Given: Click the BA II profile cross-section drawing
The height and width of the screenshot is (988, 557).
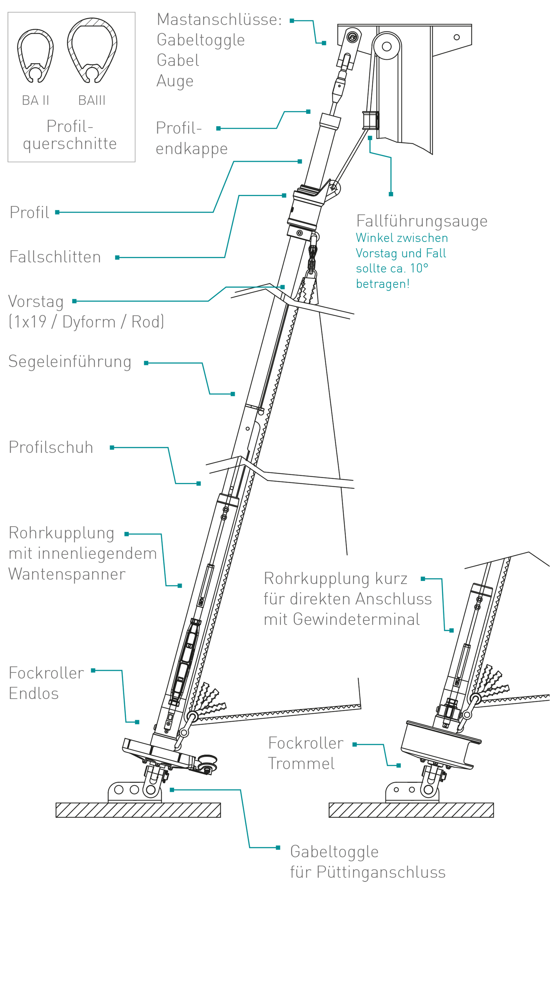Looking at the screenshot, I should [x=35, y=56].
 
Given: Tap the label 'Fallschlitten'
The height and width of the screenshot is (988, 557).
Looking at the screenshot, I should [x=55, y=257].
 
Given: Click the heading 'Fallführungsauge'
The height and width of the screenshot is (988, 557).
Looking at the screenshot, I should [x=422, y=221].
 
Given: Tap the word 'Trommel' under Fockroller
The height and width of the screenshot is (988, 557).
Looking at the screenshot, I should [x=301, y=764].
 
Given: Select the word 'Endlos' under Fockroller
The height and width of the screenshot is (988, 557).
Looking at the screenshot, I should [x=34, y=694].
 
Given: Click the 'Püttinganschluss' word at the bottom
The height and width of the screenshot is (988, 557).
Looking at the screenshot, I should [x=381, y=872].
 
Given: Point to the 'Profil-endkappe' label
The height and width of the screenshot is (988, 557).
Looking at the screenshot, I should [x=191, y=138].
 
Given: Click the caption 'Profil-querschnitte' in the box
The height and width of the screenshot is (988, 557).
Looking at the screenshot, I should [x=70, y=135].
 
